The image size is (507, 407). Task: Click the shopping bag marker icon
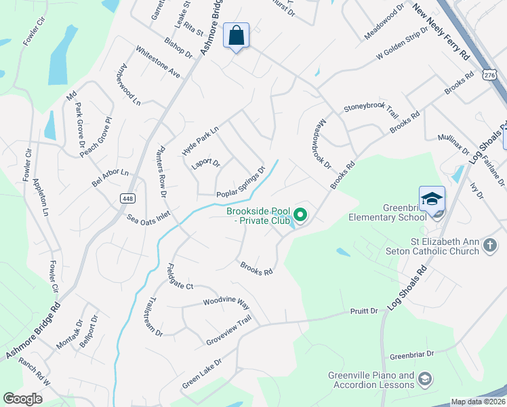(x=236, y=35)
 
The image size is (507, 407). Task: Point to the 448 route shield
(x=127, y=198)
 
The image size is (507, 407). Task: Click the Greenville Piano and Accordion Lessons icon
(x=425, y=379)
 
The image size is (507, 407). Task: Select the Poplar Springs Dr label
(x=241, y=184)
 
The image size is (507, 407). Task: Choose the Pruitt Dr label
(x=364, y=311)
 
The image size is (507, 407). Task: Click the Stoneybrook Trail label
(x=371, y=106)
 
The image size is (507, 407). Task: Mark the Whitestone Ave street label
(x=157, y=61)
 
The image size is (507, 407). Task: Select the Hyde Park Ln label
(x=201, y=140)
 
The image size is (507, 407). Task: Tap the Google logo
(x=23, y=399)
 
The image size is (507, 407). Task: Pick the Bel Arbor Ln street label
(x=110, y=178)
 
